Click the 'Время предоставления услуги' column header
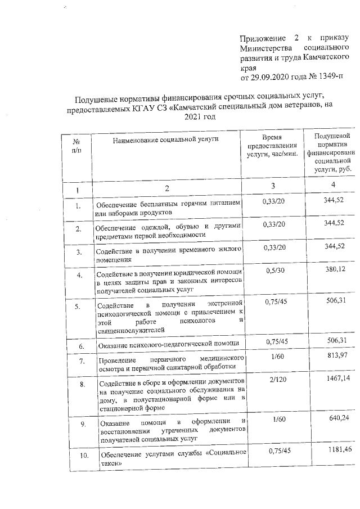pos(276,149)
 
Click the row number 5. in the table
pos(79,307)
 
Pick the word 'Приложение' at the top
pos(262,38)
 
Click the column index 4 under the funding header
pos(334,185)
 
